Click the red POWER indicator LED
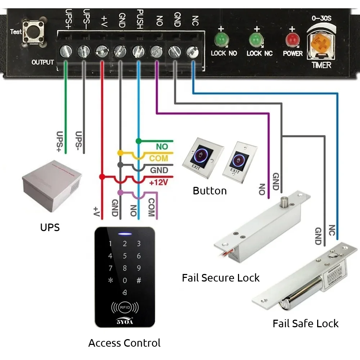pos(292,39)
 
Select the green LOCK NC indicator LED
pos(256,39)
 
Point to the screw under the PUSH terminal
pos(138,51)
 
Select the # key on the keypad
pos(139,280)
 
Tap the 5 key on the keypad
pos(125,256)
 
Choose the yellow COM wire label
pos(159,158)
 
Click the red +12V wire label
pos(159,182)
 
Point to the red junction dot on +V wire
pos(102,177)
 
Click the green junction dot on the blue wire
pos(138,140)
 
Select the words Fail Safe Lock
pos(305,323)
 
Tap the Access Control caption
pos(125,343)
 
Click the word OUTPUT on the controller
pos(42,62)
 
